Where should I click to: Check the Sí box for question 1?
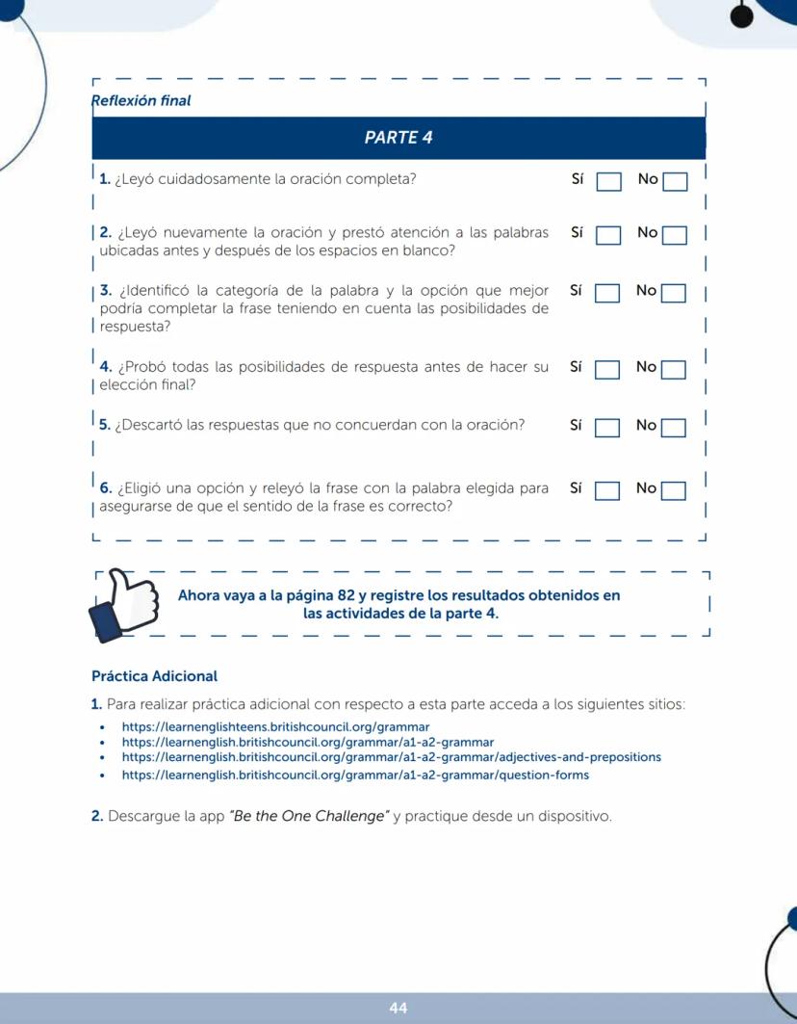(608, 182)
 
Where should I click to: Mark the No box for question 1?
(675, 182)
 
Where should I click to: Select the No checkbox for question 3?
(674, 293)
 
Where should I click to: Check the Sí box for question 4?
(607, 370)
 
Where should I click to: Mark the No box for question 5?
(674, 428)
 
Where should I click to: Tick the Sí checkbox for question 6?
(607, 491)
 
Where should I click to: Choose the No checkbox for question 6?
(674, 491)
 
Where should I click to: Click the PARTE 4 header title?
(398, 138)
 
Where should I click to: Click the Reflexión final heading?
(141, 100)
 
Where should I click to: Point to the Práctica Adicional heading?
(154, 676)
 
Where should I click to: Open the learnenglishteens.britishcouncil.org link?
(275, 726)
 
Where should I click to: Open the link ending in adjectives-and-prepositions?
(391, 757)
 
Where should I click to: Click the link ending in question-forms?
(355, 775)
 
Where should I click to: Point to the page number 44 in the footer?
(398, 1008)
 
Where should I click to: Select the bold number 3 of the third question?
(105, 290)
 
